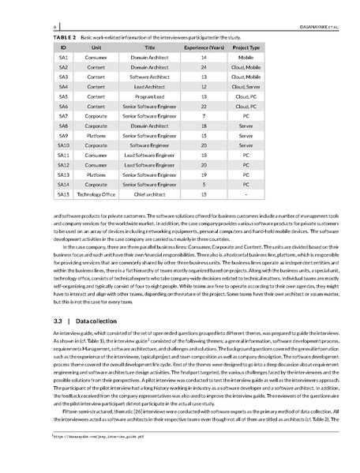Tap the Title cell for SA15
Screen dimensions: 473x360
[149, 193]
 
